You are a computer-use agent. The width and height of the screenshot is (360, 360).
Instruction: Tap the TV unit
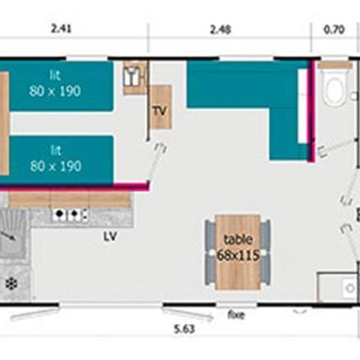[x=160, y=109]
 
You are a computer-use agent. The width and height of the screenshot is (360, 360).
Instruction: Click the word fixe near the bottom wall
[x=235, y=315]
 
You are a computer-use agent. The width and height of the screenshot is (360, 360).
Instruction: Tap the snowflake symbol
[x=12, y=283]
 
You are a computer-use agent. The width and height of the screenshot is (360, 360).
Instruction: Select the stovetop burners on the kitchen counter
[x=68, y=216]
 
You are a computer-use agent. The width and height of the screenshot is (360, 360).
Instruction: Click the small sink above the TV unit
[x=133, y=77]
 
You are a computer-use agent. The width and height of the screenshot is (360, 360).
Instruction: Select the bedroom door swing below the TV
[x=156, y=161]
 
